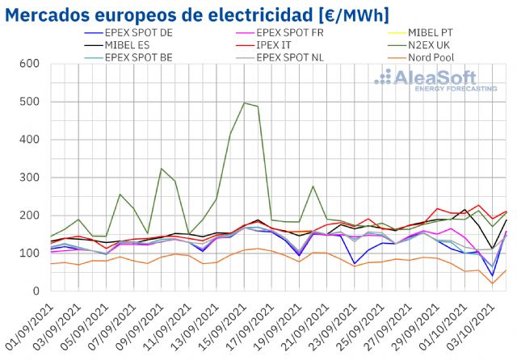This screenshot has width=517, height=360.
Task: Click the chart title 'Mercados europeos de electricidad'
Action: (x=153, y=15)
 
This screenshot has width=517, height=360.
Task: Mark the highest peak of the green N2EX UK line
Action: (x=244, y=103)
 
